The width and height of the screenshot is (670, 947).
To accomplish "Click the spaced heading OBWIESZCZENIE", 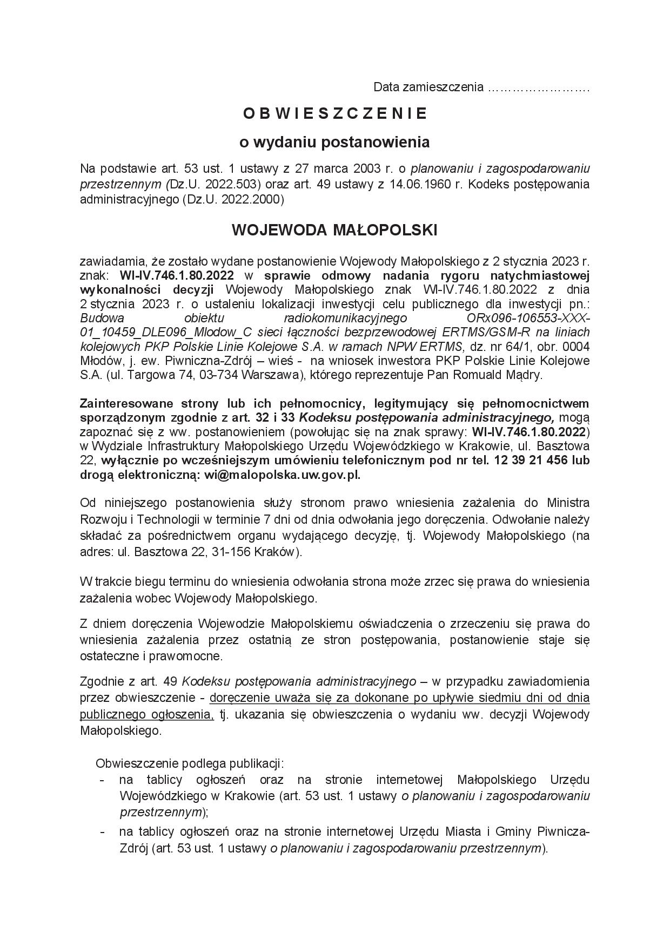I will point(335,113).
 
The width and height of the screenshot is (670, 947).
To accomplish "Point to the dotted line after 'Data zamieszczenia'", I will point(538,87).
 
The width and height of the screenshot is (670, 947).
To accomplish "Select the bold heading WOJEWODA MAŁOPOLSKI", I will point(334,230).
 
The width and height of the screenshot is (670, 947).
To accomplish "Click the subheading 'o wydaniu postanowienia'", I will point(334,143).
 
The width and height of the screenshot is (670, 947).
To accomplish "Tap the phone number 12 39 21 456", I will point(531,461).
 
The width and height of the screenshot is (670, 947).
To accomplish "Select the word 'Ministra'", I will point(568,503).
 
